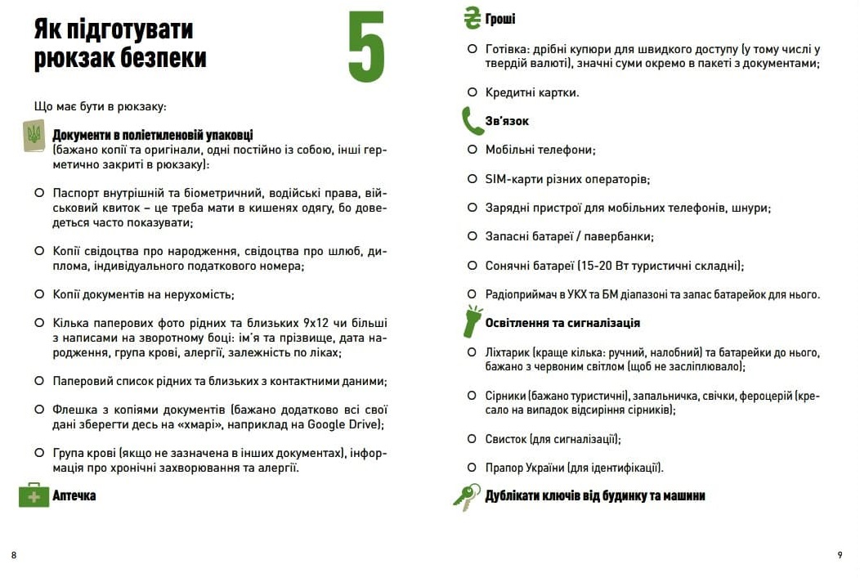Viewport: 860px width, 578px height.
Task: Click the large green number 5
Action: (366, 47)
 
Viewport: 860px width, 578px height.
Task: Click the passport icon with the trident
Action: (34, 136)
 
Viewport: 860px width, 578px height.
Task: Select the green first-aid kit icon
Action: (34, 495)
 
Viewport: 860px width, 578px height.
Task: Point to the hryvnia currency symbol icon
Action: (472, 18)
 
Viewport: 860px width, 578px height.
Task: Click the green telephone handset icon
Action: (472, 121)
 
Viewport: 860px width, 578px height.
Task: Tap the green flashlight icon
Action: (473, 322)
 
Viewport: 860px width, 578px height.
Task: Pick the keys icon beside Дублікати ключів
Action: (468, 496)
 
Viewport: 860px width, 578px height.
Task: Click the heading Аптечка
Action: (74, 495)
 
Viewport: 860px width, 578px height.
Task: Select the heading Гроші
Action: (500, 19)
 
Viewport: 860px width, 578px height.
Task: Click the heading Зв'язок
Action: (507, 121)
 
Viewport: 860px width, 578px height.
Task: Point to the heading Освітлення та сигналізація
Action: (562, 323)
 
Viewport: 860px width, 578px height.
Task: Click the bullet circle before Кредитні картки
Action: (473, 92)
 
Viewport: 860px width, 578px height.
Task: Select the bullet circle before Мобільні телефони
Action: (473, 150)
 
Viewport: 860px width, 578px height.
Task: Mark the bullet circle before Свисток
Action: (473, 439)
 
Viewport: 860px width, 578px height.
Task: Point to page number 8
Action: (14, 556)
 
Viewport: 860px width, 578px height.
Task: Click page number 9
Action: (840, 556)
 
